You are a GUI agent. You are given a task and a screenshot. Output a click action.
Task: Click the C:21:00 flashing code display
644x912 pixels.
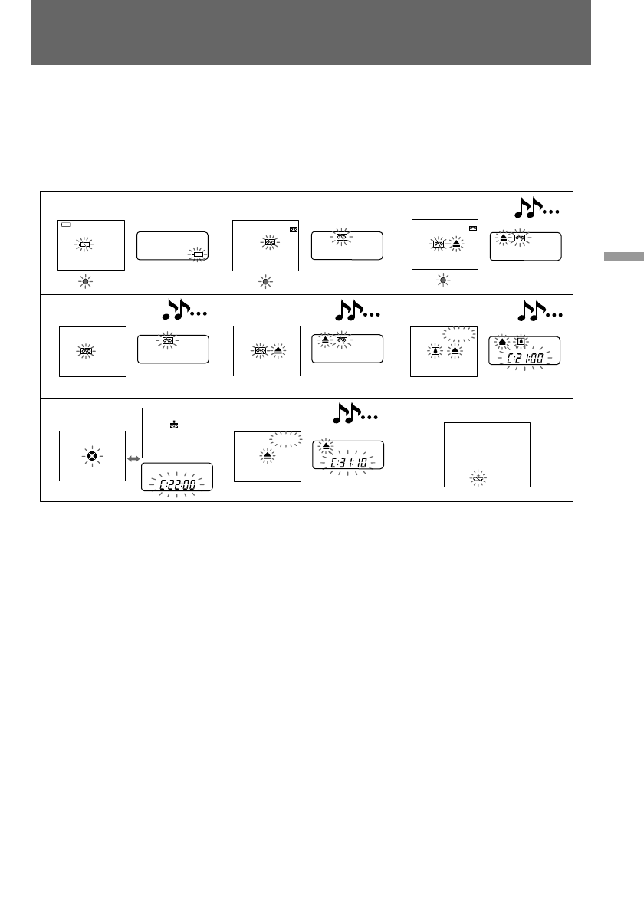525,357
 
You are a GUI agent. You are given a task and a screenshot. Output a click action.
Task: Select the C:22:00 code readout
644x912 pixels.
176,484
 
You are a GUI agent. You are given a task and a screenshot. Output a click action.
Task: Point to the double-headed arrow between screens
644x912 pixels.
135,458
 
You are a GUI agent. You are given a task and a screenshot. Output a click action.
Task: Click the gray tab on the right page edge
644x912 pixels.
623,257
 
